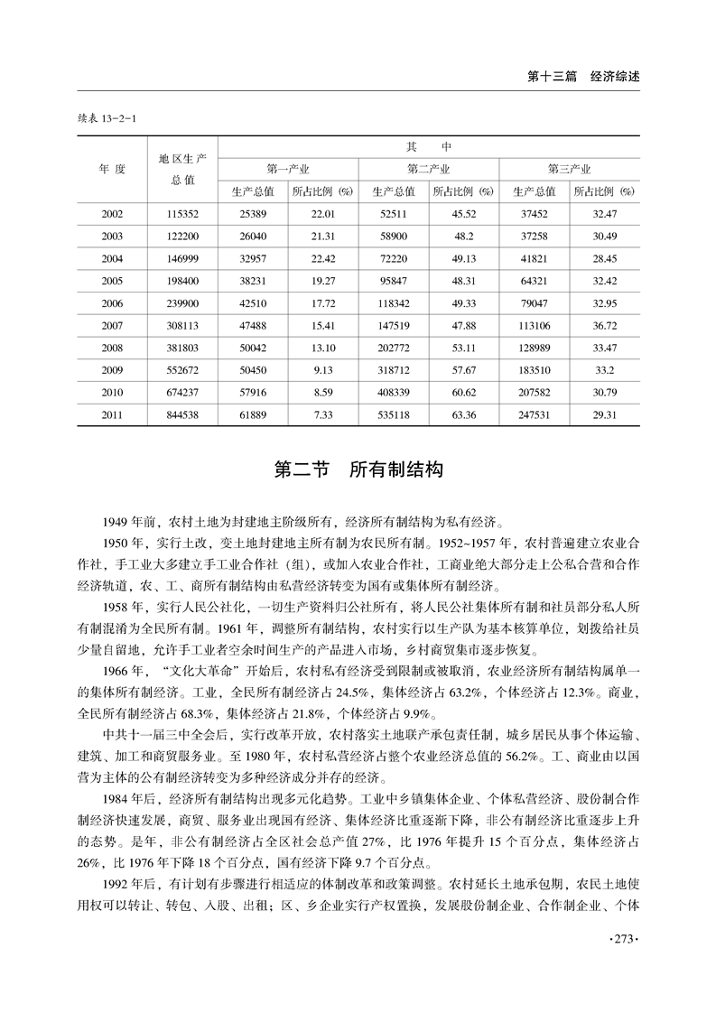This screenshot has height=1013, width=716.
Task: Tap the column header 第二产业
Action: (x=429, y=169)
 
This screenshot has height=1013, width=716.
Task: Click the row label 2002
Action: (x=113, y=213)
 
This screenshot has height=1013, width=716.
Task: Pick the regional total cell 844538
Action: (x=182, y=414)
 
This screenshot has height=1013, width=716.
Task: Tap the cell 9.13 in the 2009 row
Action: (x=323, y=370)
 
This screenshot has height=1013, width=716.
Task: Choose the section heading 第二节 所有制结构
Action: (x=358, y=470)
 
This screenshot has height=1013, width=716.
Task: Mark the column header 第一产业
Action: (x=288, y=169)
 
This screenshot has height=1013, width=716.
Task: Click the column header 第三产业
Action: (x=570, y=169)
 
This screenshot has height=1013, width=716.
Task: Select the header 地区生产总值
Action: (x=182, y=169)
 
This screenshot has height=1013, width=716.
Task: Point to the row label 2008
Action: (x=113, y=348)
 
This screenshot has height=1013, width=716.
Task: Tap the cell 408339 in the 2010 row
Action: (x=394, y=393)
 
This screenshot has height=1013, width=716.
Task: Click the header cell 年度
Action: (x=113, y=169)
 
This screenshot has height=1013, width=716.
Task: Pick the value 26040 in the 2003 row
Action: (x=253, y=236)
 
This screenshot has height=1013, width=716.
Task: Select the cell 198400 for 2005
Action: (x=182, y=281)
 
